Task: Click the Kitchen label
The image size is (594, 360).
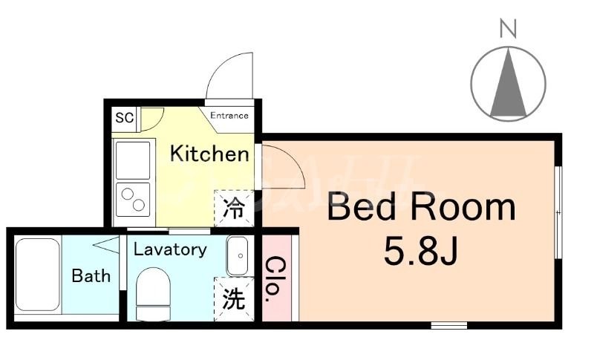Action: (x=209, y=154)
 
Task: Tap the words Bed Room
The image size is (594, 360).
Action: (x=421, y=207)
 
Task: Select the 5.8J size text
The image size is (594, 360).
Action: (x=420, y=252)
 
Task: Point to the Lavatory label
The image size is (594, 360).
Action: (x=170, y=249)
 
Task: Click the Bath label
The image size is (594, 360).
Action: (x=91, y=276)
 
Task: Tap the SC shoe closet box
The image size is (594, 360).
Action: (x=124, y=117)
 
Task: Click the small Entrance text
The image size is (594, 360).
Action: (x=229, y=116)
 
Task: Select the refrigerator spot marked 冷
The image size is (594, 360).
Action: (x=234, y=209)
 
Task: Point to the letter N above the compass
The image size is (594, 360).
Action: (x=508, y=29)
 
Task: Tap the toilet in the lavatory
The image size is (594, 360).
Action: (x=154, y=291)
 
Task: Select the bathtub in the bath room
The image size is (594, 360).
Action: (x=39, y=276)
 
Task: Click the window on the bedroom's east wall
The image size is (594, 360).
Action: (x=558, y=212)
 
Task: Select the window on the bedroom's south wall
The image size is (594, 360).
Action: (x=449, y=324)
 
